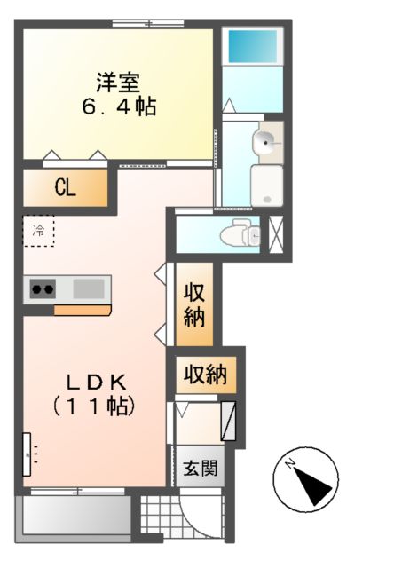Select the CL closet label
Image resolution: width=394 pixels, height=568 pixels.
pyautogui.click(x=65, y=187)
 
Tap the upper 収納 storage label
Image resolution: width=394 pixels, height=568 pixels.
pyautogui.click(x=195, y=305)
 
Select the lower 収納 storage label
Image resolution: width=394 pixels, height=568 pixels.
pyautogui.click(x=205, y=375)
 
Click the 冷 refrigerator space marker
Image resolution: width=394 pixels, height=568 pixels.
pyautogui.click(x=38, y=231)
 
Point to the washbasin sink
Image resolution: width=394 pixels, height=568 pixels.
pyautogui.click(x=266, y=139)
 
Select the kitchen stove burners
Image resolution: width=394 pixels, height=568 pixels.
pyautogui.click(x=43, y=288)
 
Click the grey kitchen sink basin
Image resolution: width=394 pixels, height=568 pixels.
pyautogui.click(x=87, y=288)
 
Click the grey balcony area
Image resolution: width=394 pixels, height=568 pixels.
pyautogui.click(x=73, y=516)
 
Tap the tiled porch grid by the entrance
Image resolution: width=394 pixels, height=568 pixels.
pyautogui.click(x=157, y=519)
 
